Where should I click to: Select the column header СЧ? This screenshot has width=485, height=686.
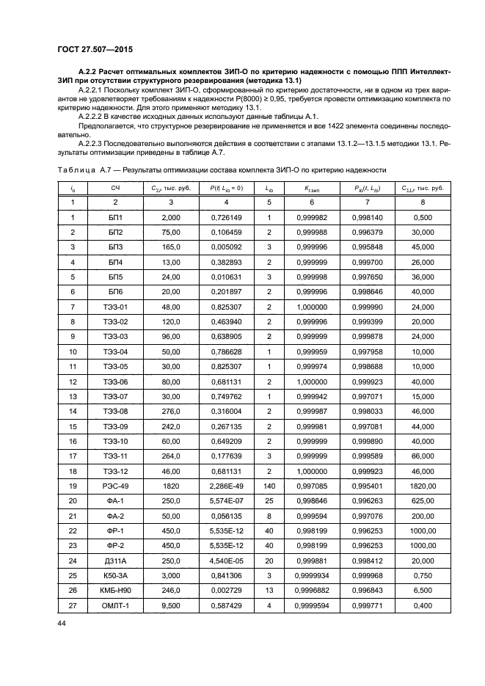116,189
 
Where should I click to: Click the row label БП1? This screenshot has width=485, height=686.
116,217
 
